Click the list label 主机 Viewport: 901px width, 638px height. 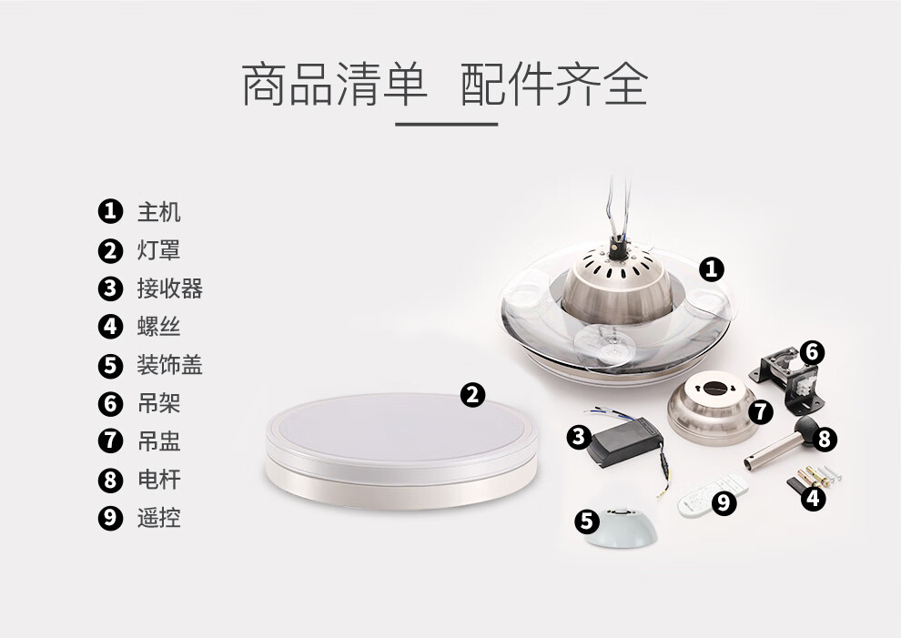[x=158, y=212]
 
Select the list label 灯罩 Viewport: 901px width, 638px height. [x=158, y=250]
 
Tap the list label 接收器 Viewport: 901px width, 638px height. [x=169, y=289]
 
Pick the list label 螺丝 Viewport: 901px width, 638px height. [x=158, y=327]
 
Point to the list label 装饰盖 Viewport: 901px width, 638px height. [x=169, y=365]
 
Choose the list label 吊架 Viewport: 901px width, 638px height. [x=158, y=403]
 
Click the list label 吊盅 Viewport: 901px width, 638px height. [x=158, y=441]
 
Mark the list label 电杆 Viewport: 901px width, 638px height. [x=158, y=480]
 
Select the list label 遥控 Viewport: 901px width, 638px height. [x=158, y=518]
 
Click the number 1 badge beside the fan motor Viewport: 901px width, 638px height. [x=712, y=269]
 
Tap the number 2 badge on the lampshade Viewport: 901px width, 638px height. [x=472, y=395]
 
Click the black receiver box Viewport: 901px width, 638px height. [x=625, y=441]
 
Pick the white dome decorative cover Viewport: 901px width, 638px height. [x=622, y=530]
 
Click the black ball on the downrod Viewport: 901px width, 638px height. [x=806, y=430]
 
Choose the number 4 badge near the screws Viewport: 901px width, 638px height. [x=813, y=497]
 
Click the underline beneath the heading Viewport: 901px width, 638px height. [x=447, y=124]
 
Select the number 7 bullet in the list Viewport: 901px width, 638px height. [x=110, y=441]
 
